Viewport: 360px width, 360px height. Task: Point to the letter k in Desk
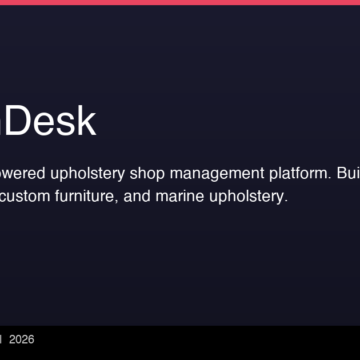tap(86, 121)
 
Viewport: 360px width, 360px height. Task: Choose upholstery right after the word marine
tap(248, 197)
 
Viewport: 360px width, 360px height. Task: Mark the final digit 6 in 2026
tap(31, 340)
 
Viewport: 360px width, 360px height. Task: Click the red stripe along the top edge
tap(180, 2)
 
